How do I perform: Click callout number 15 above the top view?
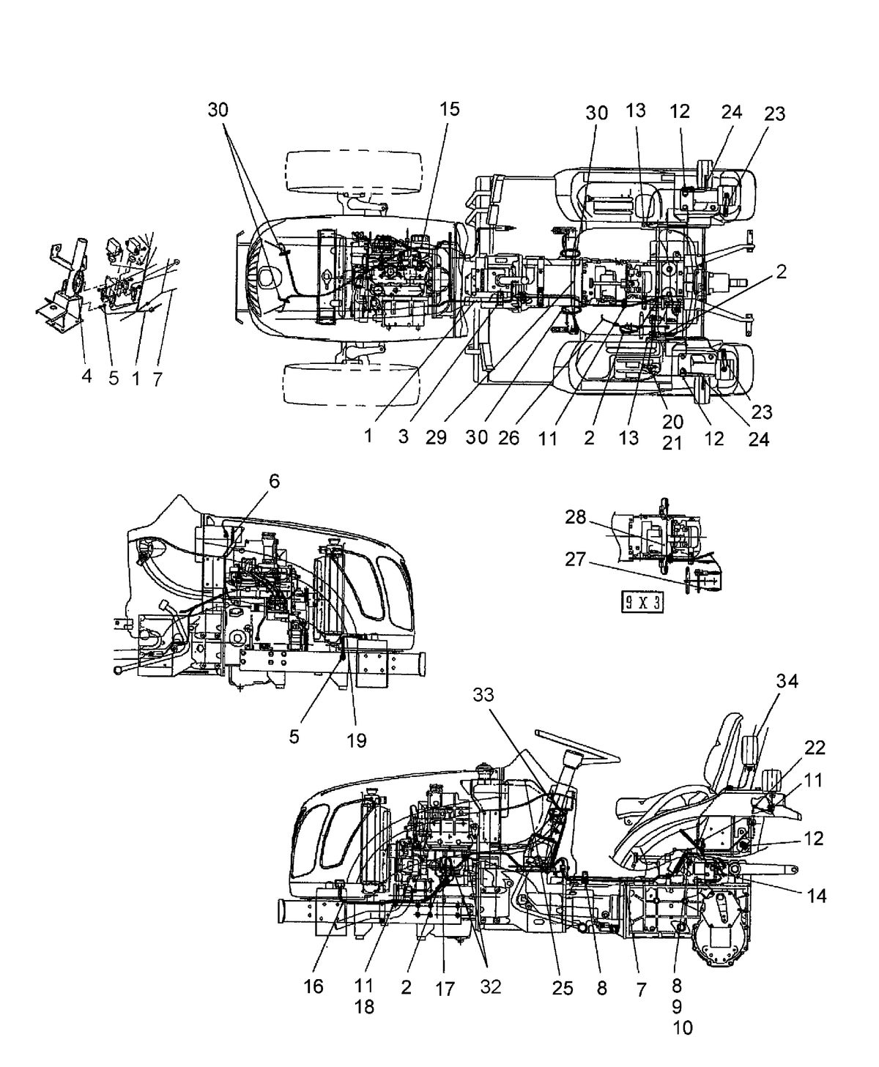tap(449, 109)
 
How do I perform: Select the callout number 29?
tap(436, 437)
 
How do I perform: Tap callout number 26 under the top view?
tap(508, 437)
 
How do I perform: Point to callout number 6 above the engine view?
tap(275, 481)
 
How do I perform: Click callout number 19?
tap(357, 740)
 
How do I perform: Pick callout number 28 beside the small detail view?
tap(576, 517)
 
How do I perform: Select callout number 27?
tap(576, 559)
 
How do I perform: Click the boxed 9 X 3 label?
tap(642, 603)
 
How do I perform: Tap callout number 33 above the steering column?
tap(483, 694)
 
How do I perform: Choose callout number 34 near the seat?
tap(787, 680)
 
